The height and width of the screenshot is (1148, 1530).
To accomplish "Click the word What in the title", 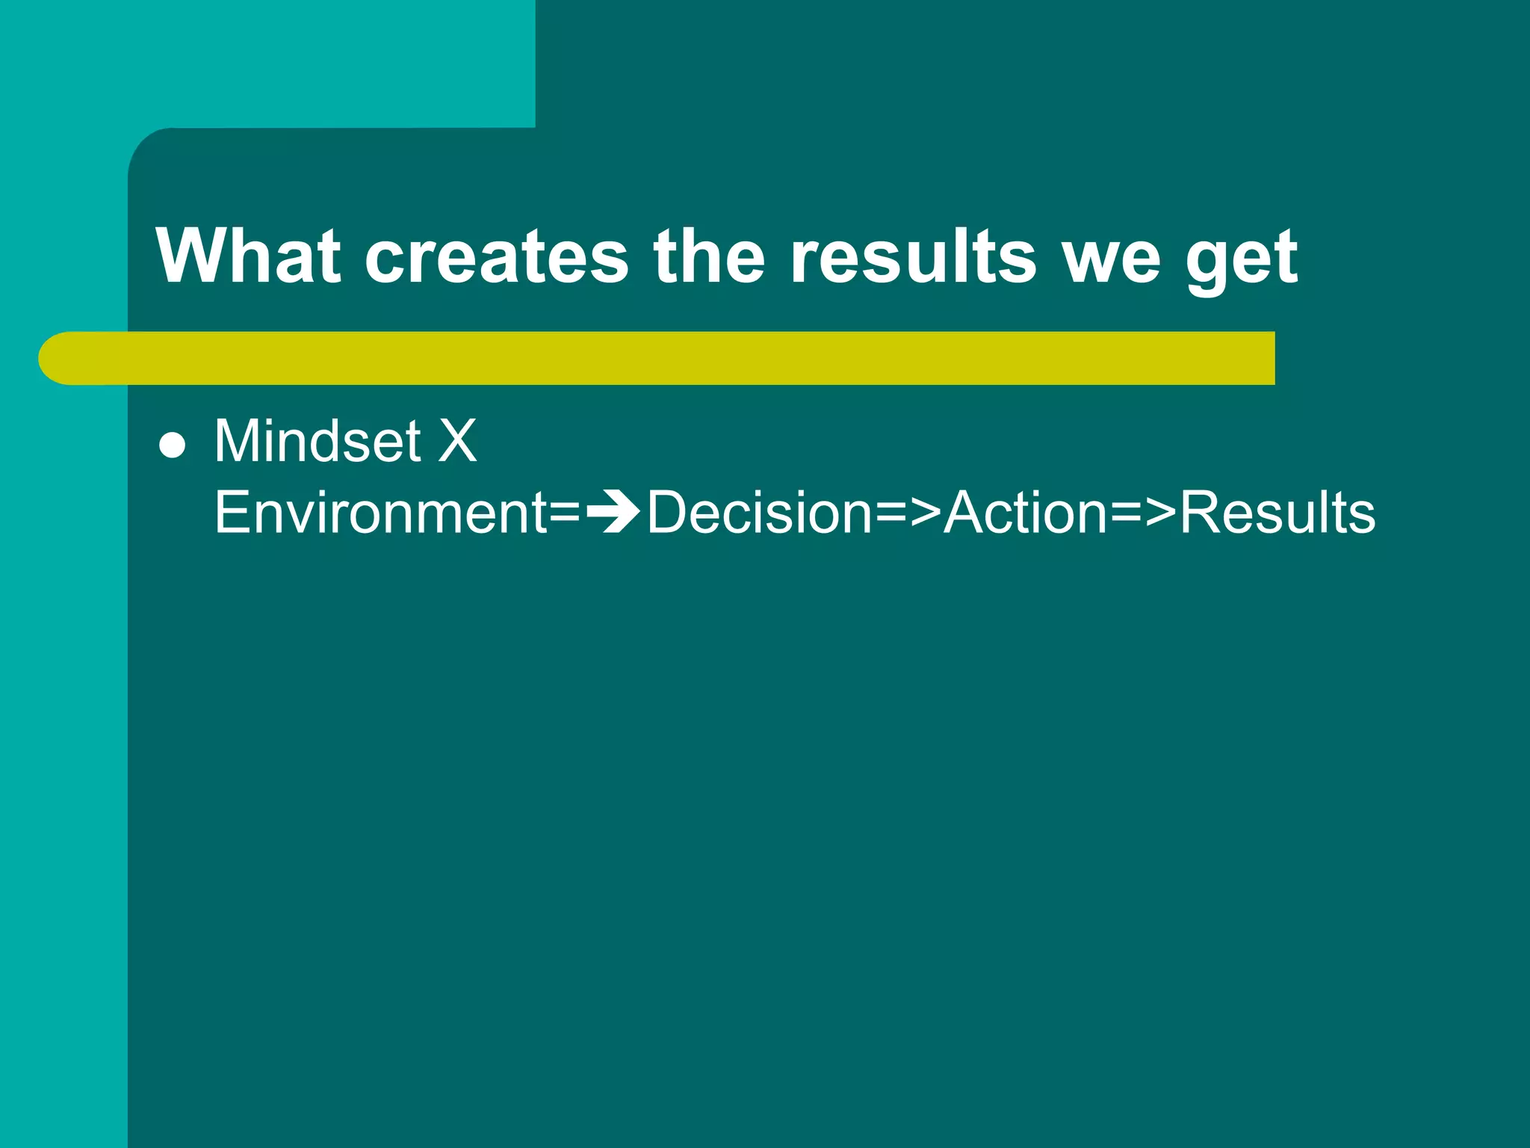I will [249, 256].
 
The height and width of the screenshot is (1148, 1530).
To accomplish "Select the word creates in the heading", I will [497, 257].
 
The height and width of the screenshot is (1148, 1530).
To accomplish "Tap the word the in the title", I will [709, 256].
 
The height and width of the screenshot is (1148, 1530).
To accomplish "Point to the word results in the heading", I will [913, 257].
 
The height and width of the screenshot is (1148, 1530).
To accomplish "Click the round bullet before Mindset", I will [173, 445].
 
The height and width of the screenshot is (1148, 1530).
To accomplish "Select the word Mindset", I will [318, 441].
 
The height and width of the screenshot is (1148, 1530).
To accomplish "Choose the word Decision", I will [759, 513].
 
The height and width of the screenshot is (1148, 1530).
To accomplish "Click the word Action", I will [1026, 513].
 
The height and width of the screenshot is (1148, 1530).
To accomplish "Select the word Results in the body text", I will [1277, 513].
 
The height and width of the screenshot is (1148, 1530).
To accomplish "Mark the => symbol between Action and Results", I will [1144, 514].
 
